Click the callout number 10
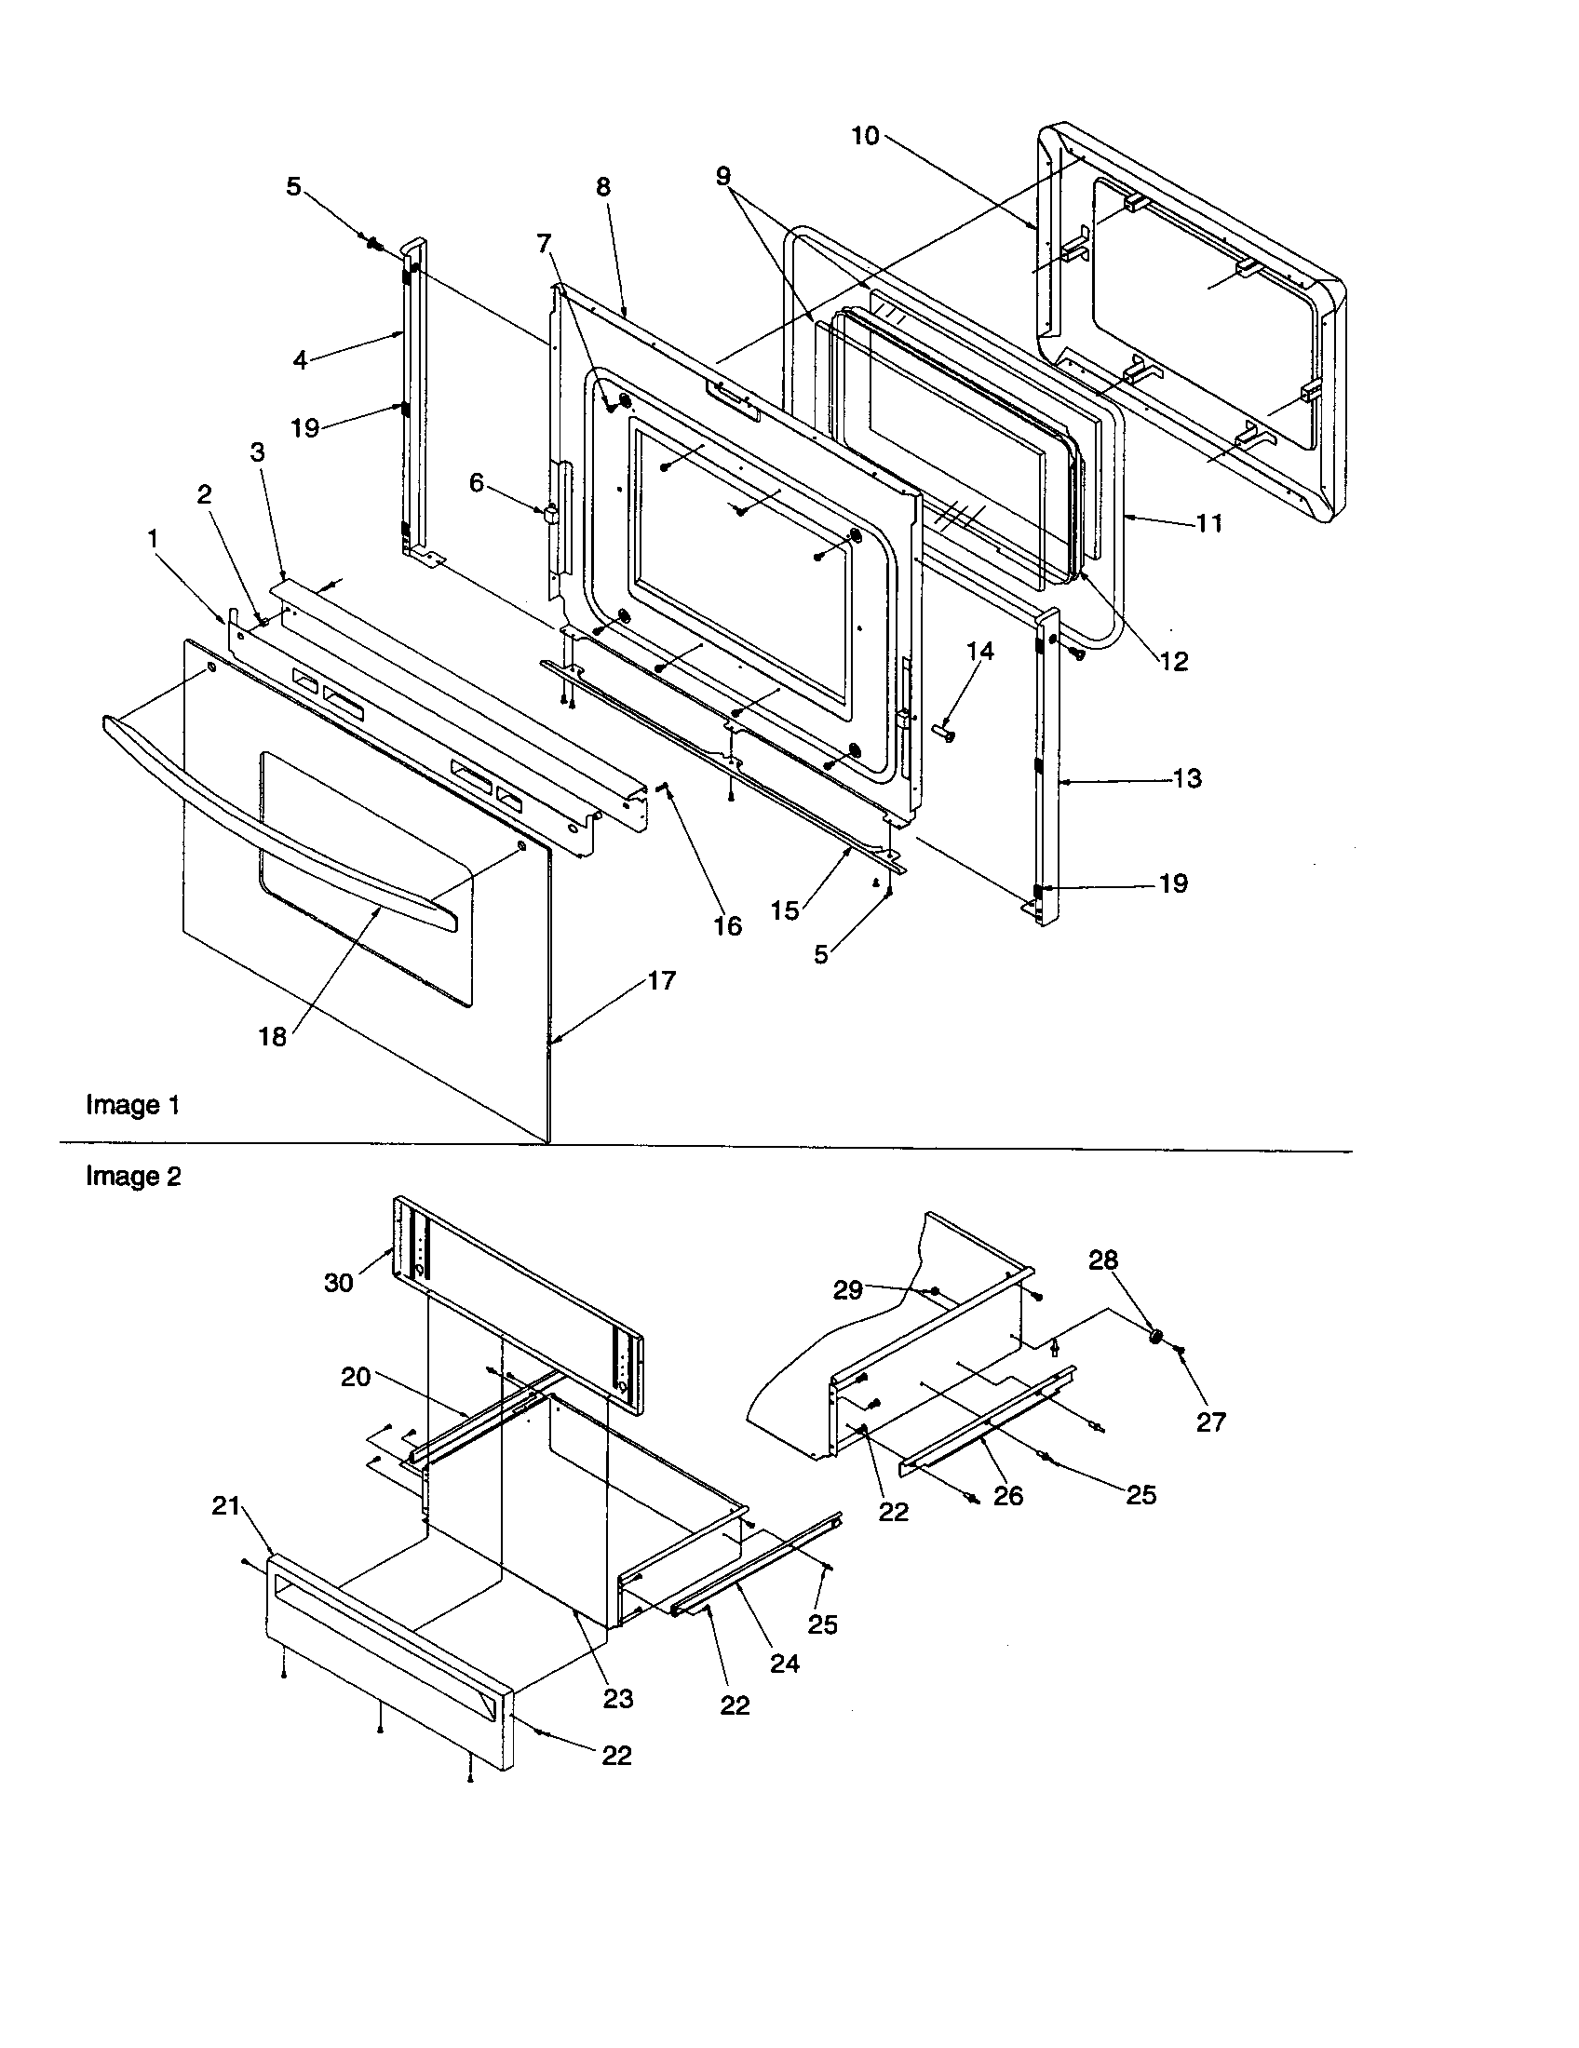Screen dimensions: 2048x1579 865,136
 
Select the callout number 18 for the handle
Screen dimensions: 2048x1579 273,1036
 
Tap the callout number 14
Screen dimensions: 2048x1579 979,651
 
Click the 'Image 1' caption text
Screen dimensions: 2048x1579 132,1105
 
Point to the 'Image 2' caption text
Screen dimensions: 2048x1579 133,1176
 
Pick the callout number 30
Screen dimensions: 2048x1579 339,1282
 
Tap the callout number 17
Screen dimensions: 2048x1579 661,981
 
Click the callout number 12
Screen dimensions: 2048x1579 1173,661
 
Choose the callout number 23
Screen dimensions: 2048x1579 618,1698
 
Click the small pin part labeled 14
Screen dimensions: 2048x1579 944,732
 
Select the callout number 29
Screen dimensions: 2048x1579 847,1290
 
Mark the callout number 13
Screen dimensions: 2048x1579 1187,778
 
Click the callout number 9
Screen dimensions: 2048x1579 722,175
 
